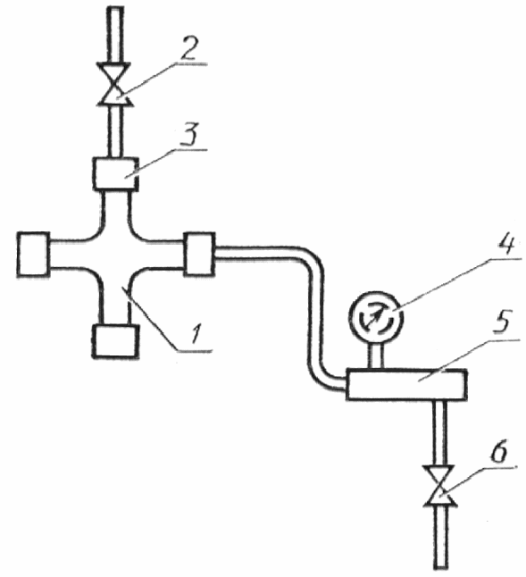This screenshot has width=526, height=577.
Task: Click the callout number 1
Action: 196,333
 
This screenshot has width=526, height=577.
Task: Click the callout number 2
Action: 189,48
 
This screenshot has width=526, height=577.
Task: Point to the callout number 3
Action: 190,134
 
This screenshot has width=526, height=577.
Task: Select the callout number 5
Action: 502,322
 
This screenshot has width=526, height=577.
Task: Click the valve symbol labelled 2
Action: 115,84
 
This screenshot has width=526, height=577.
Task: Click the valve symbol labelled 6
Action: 440,487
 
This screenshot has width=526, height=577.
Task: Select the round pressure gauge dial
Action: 376,316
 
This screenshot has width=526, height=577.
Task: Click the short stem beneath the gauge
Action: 376,355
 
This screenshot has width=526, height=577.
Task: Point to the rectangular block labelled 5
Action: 406,384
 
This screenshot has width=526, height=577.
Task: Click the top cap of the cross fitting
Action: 116,173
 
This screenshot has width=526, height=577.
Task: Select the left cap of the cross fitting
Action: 33,254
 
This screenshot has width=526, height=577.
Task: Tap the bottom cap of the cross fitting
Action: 115,341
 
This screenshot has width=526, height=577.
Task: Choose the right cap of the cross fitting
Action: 199,254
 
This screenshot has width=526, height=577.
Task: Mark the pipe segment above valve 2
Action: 115,36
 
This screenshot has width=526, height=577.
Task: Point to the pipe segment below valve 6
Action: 440,537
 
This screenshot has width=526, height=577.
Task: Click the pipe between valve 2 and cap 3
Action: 115,131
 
